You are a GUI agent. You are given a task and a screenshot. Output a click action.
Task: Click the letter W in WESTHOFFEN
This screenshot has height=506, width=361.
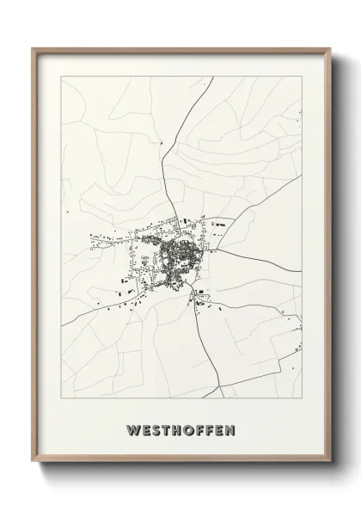click(x=132, y=428)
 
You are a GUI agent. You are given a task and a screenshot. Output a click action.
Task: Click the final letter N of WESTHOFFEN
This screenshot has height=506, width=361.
click(x=230, y=428)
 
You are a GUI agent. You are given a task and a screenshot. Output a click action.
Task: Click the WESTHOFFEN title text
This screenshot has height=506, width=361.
click(x=181, y=428)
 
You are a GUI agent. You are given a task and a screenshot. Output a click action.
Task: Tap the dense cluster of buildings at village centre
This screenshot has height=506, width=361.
click(x=179, y=254)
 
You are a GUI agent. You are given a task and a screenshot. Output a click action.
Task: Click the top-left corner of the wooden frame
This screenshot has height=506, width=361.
click(x=34, y=49)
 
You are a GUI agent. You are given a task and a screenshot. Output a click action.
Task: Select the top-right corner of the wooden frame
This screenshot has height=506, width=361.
click(x=329, y=49)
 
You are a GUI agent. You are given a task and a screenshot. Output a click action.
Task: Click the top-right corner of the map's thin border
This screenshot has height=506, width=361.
click(x=302, y=76)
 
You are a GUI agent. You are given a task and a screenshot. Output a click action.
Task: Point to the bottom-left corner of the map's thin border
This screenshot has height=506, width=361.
click(x=61, y=398)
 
